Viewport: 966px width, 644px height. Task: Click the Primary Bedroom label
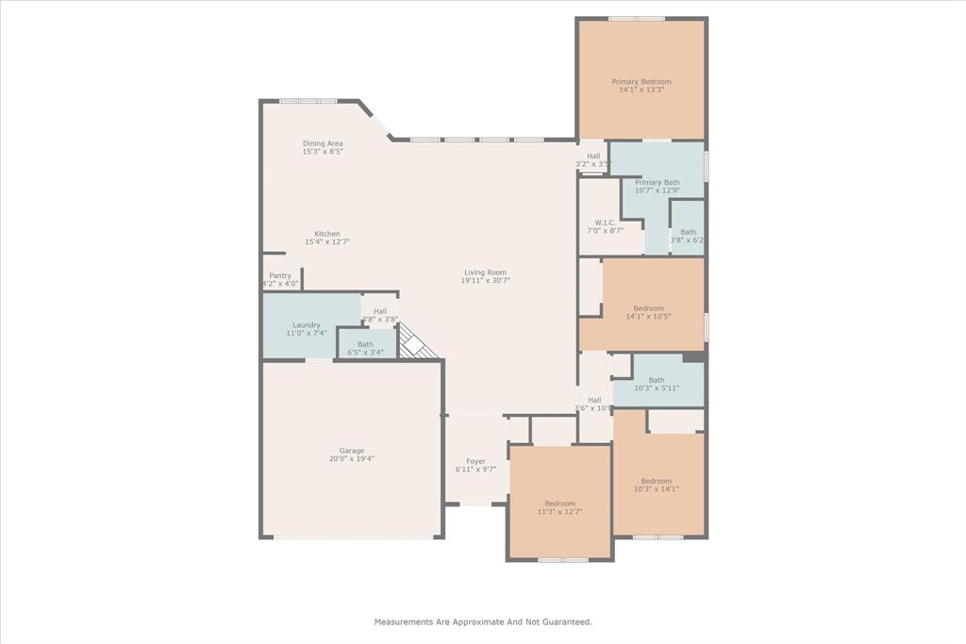[641, 82]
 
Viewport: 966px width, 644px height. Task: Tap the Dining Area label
[323, 143]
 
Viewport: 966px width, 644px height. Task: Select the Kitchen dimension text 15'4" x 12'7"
[327, 242]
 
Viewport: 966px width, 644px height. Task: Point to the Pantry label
[280, 275]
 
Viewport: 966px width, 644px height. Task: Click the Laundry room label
[307, 324]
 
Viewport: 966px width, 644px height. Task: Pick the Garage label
[352, 451]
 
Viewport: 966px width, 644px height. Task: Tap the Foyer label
[475, 461]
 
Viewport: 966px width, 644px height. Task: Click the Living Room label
[485, 272]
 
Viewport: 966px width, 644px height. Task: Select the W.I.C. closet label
[605, 223]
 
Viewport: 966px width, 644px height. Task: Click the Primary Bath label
[658, 182]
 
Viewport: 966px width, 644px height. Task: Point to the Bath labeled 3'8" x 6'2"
[688, 232]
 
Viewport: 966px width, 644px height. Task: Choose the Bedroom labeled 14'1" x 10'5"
[648, 308]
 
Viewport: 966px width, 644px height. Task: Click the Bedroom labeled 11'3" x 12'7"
[559, 504]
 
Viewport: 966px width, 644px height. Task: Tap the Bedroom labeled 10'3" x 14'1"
[657, 481]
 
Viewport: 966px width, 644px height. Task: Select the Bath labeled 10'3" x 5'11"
[657, 380]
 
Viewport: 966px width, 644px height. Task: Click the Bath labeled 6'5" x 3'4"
[365, 344]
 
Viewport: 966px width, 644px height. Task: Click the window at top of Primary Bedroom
[636, 18]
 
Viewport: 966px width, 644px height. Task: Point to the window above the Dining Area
[308, 101]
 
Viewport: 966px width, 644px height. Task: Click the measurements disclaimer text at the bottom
[483, 621]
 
